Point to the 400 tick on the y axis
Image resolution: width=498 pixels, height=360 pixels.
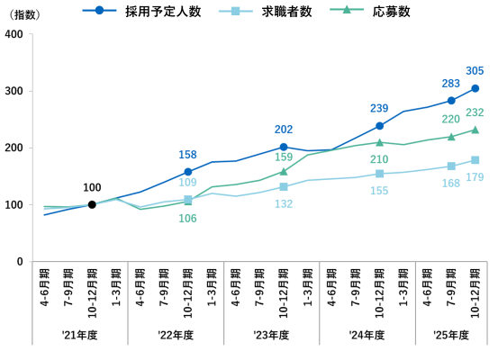tap(14, 34)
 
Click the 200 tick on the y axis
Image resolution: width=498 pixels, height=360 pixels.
tap(14, 148)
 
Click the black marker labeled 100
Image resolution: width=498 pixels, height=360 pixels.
tap(92, 204)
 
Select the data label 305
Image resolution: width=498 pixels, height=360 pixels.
tap(475, 70)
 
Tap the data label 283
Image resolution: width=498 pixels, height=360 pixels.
tap(451, 83)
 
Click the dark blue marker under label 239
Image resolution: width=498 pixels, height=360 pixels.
tap(379, 126)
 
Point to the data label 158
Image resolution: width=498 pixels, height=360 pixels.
tap(187, 154)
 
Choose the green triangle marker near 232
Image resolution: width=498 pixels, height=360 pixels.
tap(475, 130)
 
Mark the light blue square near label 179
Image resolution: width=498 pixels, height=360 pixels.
tap(475, 160)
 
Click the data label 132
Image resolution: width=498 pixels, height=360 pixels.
tap(284, 204)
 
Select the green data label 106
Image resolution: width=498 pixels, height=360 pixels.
tap(187, 219)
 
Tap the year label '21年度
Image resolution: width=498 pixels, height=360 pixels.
tap(79, 335)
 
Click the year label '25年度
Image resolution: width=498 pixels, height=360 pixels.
tap(451, 335)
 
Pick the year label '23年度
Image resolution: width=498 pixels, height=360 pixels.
tap(271, 335)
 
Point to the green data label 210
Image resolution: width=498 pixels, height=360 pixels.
tap(379, 159)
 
